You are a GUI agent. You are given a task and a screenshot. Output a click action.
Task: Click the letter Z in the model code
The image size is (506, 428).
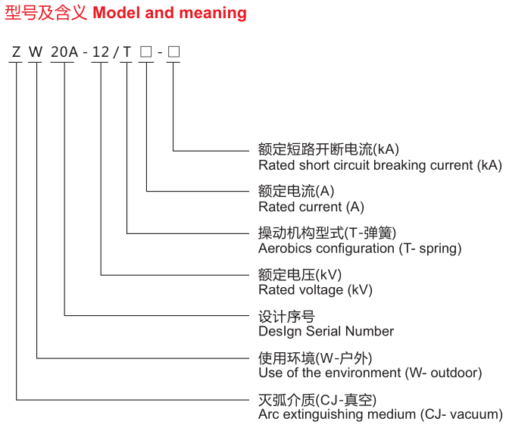click(x=16, y=52)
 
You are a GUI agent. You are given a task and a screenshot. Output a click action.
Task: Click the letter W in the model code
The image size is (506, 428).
click(x=36, y=52)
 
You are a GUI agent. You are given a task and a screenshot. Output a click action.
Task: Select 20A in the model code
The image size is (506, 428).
click(x=64, y=52)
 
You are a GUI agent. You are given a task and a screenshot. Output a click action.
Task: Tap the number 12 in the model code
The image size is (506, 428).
click(x=101, y=52)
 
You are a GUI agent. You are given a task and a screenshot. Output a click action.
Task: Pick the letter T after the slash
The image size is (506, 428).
click(x=126, y=52)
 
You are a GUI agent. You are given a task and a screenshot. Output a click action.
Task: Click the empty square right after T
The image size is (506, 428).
click(x=146, y=52)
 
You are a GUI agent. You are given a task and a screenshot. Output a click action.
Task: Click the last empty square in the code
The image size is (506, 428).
click(x=173, y=52)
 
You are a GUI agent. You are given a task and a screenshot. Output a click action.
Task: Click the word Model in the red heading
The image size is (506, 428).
click(x=117, y=13)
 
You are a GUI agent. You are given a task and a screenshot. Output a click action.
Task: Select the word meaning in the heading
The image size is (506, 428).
click(x=213, y=14)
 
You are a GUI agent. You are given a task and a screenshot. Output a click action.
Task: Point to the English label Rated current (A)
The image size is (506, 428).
click(x=311, y=207)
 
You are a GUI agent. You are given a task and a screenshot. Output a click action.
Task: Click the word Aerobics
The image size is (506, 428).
click(x=286, y=248)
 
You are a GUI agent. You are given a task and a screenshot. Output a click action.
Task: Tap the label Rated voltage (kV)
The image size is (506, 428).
click(x=316, y=290)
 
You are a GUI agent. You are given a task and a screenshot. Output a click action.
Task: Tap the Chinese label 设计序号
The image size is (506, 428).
click(x=286, y=317)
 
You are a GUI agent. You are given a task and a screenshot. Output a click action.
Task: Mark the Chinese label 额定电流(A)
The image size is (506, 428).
click(x=296, y=191)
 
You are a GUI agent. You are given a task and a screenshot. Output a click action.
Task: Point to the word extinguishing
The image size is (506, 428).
click(x=323, y=414)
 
